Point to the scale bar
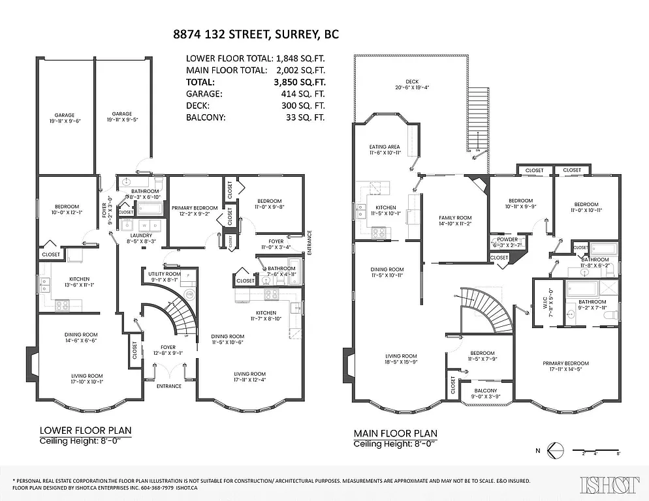click(x=596, y=451)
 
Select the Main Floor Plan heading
click(x=396, y=433)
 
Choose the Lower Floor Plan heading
click(x=86, y=431)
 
